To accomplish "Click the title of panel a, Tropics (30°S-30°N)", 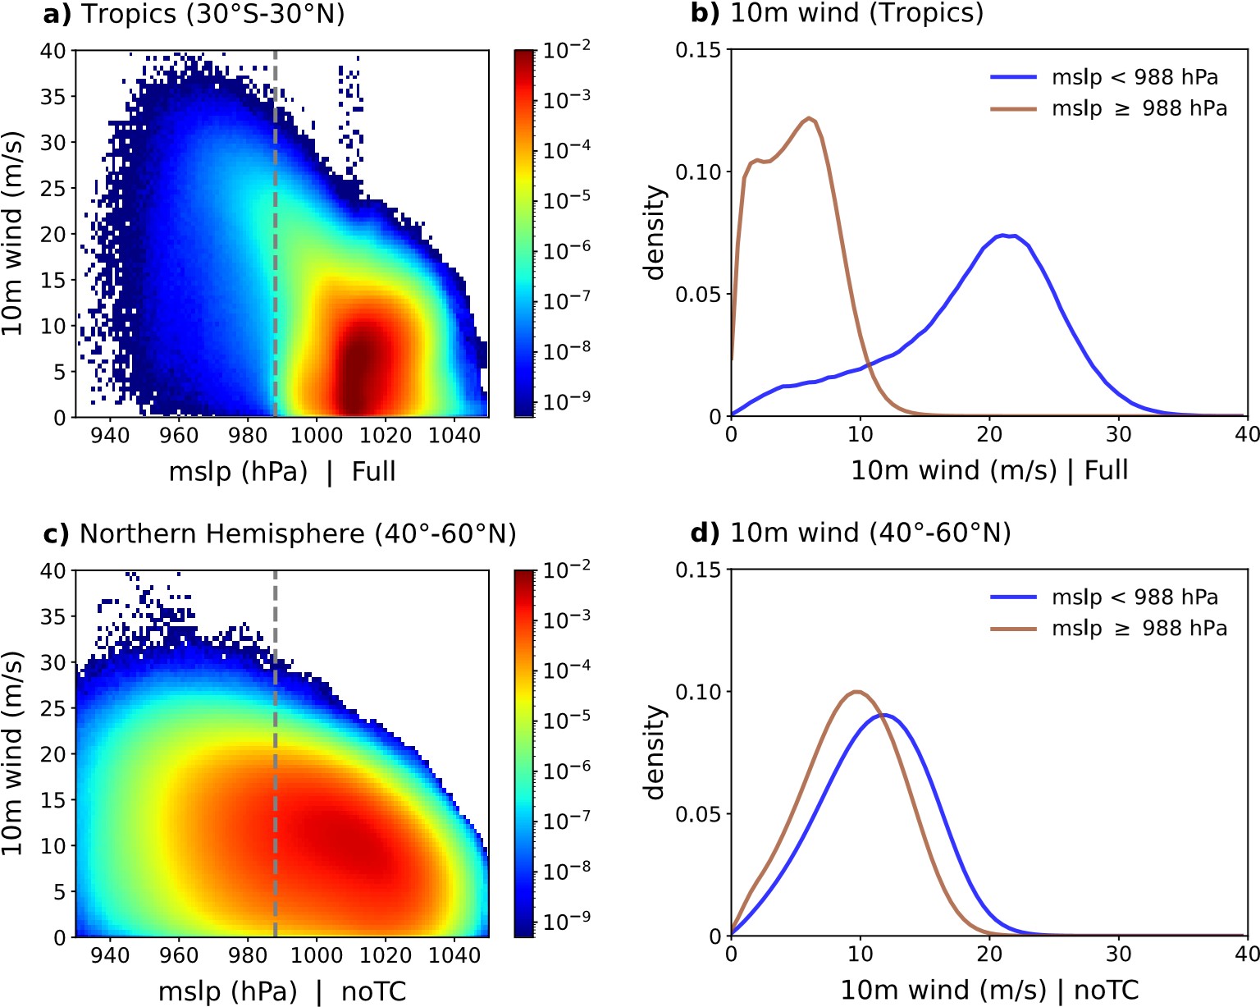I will coord(212,14).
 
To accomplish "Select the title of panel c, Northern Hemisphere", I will coord(297,534).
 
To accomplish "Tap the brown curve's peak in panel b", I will coord(810,118).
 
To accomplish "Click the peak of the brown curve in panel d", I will coord(858,691).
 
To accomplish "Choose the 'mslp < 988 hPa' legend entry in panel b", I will coord(1134,77).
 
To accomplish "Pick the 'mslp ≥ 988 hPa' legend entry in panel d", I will coord(1139,629).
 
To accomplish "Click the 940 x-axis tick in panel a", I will coord(110,435).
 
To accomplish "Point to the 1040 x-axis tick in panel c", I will coord(454,955).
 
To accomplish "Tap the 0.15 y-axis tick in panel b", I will coord(698,51).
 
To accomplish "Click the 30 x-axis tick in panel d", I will coord(1119,954).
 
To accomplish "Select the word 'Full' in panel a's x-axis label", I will coord(374,472).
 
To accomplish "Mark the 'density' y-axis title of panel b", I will coord(655,233).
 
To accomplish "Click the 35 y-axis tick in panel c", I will coord(54,616).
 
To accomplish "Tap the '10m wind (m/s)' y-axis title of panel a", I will coord(11,233).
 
